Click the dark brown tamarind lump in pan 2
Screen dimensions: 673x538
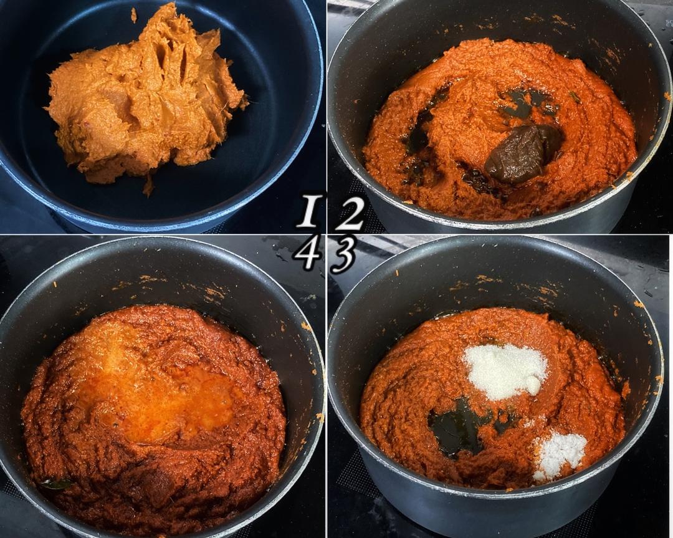[x=520, y=153]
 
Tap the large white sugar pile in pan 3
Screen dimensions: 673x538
[x=505, y=371]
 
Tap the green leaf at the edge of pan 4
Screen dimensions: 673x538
[x=56, y=484]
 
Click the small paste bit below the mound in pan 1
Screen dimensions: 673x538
[x=148, y=187]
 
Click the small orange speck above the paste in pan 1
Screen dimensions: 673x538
[x=133, y=16]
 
